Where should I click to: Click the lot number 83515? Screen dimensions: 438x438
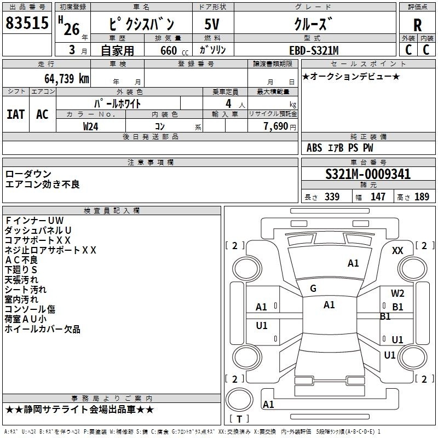[27, 22]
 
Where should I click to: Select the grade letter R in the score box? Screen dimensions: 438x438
[417, 25]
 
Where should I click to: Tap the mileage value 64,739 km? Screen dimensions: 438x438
[67, 78]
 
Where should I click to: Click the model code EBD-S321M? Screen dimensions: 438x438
[314, 50]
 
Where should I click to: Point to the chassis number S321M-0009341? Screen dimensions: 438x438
[368, 174]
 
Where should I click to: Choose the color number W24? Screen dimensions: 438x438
[90, 126]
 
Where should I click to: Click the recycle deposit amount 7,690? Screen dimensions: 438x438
[276, 126]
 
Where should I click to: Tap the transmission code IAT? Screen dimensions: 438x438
[16, 114]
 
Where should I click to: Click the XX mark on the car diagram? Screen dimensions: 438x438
[397, 251]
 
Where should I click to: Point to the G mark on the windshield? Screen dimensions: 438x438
[313, 289]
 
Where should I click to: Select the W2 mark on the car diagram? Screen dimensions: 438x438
[397, 293]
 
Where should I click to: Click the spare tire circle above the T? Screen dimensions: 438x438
[239, 399]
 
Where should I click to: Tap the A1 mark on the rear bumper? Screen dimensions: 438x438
[268, 404]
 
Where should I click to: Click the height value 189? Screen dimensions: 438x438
[422, 197]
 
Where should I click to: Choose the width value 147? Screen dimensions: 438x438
[378, 197]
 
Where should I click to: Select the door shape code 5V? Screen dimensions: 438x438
[212, 24]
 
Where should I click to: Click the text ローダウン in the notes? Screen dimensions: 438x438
[28, 174]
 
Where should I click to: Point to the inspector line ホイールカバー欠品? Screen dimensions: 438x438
[43, 329]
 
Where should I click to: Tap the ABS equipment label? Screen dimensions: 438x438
[314, 148]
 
